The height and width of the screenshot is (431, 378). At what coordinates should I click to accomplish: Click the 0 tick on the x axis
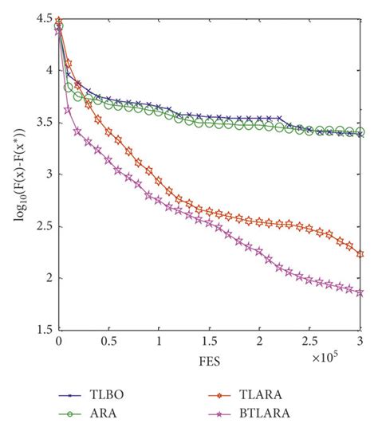[59, 341]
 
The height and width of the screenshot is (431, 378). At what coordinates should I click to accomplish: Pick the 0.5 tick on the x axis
[108, 341]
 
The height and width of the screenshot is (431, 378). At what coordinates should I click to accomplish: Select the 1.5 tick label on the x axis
[210, 341]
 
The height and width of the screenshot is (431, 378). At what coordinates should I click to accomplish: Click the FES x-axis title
[210, 360]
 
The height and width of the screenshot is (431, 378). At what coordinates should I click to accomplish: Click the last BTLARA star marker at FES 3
[360, 292]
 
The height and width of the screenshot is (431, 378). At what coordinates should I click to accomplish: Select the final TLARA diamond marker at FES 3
[360, 254]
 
